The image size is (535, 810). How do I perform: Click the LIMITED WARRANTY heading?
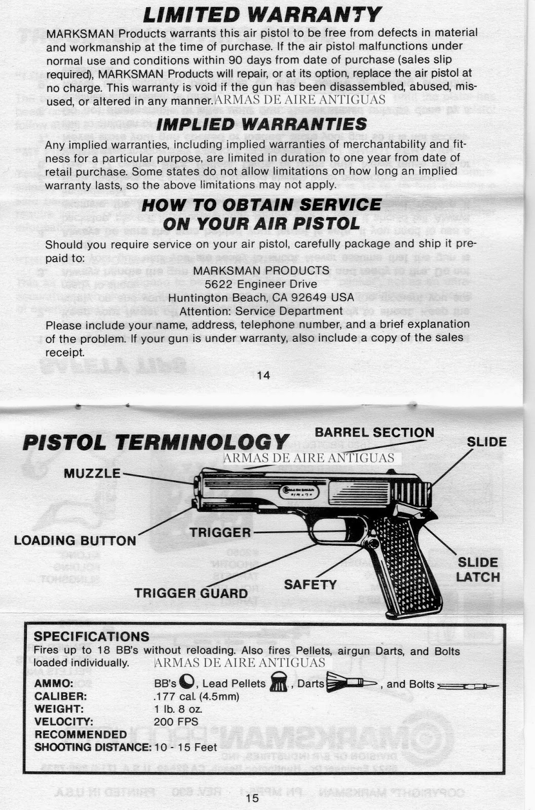pyautogui.click(x=261, y=14)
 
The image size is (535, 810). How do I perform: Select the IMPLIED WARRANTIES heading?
pyautogui.click(x=261, y=124)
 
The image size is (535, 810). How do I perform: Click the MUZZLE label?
pyautogui.click(x=92, y=473)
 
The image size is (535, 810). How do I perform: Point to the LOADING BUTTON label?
pyautogui.click(x=75, y=541)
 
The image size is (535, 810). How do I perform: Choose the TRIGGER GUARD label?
pyautogui.click(x=191, y=593)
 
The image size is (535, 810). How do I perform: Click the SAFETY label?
pyautogui.click(x=310, y=585)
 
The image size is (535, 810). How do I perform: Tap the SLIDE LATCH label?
pyautogui.click(x=477, y=570)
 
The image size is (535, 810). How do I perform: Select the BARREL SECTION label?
pyautogui.click(x=374, y=433)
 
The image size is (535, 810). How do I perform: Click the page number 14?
pyautogui.click(x=263, y=375)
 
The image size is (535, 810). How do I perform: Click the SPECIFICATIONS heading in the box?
pyautogui.click(x=91, y=636)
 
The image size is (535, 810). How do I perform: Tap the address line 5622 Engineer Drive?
pyautogui.click(x=261, y=284)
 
